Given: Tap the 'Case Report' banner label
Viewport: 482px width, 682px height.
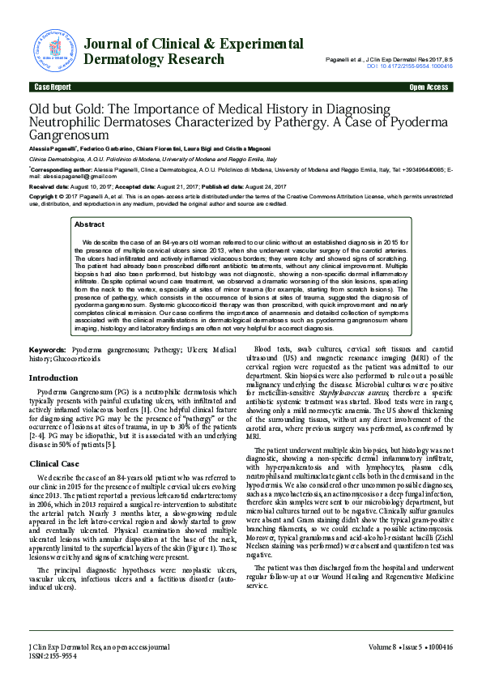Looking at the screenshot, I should pos(50,86).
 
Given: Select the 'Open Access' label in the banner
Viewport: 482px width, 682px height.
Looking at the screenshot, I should pos(429,86).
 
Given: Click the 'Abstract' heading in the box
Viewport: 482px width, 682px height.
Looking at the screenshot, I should pos(89,224).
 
